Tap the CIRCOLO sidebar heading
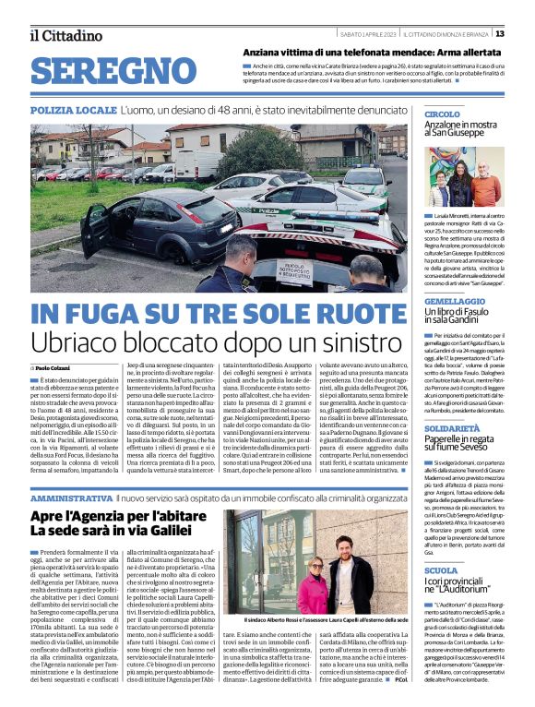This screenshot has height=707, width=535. pos(443,114)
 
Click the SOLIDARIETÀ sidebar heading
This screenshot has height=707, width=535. pos(454,429)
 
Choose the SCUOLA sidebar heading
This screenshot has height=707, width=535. pos(440,571)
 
